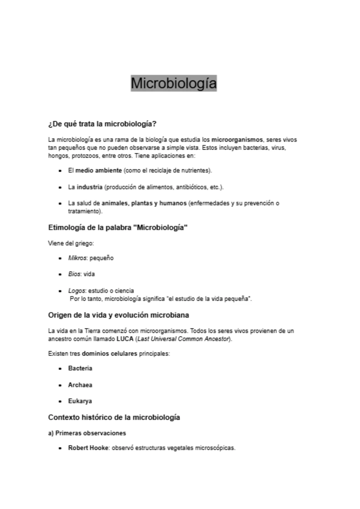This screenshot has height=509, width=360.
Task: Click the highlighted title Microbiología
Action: (174, 83)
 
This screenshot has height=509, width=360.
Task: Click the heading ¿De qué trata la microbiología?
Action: (102, 124)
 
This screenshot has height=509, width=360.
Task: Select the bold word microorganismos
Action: (237, 140)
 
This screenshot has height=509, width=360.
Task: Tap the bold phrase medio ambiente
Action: (98, 170)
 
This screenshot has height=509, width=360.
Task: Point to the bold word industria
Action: (89, 187)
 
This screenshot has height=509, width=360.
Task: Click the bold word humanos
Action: (173, 203)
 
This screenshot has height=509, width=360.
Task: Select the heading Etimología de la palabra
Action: (118, 228)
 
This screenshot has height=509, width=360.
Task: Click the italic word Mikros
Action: (77, 258)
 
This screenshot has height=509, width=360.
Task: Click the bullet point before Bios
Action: (61, 275)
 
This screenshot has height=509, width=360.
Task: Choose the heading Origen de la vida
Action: (118, 315)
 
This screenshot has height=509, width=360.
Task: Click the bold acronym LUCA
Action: (125, 339)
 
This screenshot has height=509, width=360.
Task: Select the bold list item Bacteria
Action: (80, 368)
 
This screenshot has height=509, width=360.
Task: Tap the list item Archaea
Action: (80, 385)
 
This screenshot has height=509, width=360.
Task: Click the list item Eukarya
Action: (80, 401)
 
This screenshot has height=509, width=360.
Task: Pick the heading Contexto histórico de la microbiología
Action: (114, 417)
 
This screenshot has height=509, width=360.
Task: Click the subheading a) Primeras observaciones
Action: (87, 433)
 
